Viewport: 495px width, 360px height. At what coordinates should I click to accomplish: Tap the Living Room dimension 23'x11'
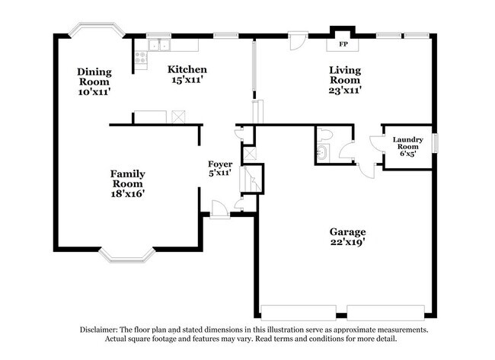(344, 90)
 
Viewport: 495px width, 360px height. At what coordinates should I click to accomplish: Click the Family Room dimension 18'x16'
(127, 193)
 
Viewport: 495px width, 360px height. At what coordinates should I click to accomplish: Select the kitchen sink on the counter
(160, 44)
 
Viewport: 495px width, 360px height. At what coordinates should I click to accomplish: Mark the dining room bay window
(94, 30)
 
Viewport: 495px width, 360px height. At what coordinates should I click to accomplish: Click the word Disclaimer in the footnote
(101, 330)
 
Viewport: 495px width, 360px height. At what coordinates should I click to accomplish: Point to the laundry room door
(376, 144)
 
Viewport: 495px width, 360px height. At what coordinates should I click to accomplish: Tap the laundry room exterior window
(436, 142)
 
